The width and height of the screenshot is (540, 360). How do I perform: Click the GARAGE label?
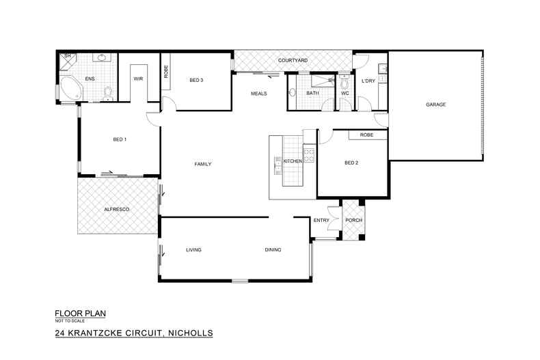(x=436, y=105)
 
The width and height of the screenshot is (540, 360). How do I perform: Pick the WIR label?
(x=137, y=79)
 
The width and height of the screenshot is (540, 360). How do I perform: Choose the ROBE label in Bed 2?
(x=366, y=135)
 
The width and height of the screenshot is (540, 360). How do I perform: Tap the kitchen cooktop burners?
(x=308, y=156)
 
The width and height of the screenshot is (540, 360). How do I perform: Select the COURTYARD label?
(x=293, y=61)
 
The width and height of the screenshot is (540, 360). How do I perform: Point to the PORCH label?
(x=354, y=220)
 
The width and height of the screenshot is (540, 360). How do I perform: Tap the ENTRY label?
(x=321, y=220)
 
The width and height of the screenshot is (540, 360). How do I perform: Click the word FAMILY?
(x=203, y=164)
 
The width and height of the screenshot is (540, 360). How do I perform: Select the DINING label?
(x=274, y=250)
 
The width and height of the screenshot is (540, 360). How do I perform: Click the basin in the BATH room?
(x=293, y=94)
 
